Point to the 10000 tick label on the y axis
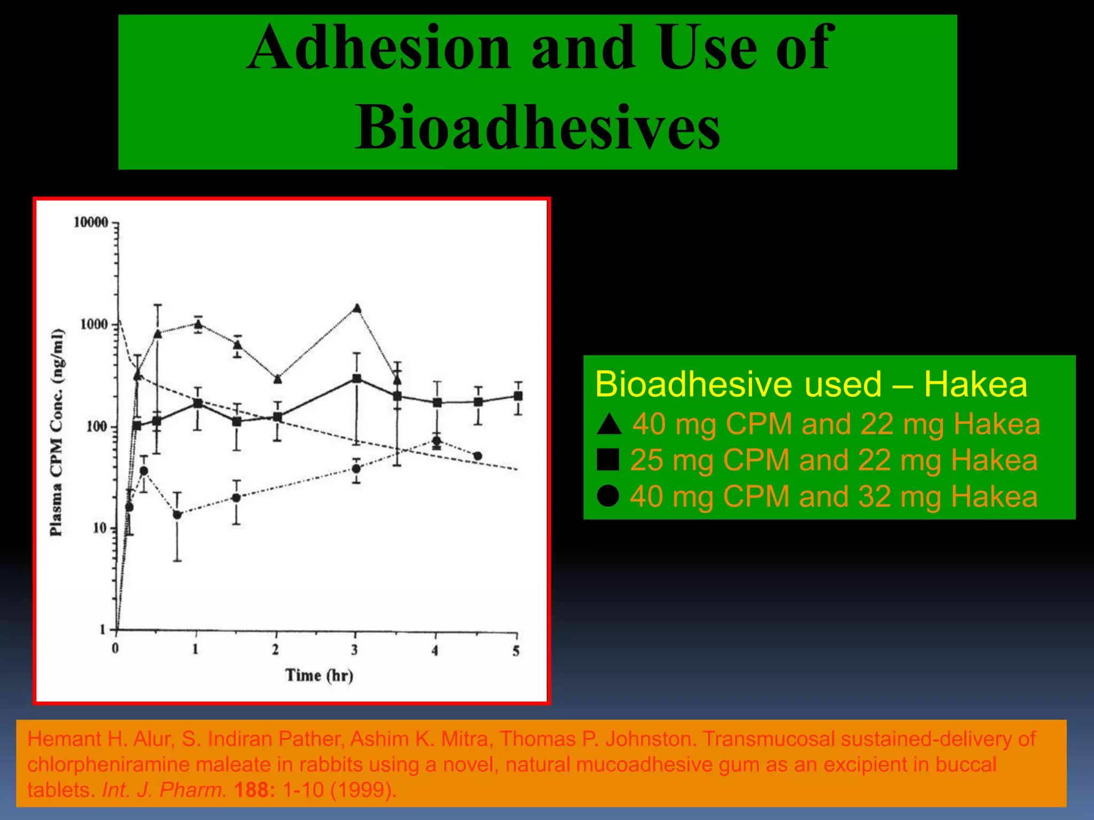point(91,222)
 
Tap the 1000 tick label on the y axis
point(94,324)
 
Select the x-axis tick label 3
point(355,650)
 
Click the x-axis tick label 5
point(516,651)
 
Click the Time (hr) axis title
point(319,675)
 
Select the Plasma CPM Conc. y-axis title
point(57,432)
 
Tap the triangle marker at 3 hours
point(357,309)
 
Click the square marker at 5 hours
point(518,396)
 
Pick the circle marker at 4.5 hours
point(478,456)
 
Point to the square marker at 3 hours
point(357,379)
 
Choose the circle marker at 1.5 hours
point(236,498)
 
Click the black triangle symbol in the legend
point(609,424)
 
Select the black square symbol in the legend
point(608,460)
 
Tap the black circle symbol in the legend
point(608,496)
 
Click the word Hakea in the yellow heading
point(975,384)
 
